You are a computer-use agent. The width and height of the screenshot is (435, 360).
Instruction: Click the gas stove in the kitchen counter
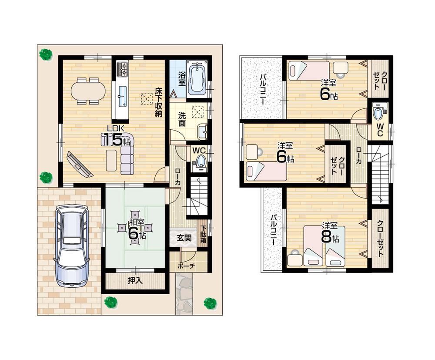pos(122,68)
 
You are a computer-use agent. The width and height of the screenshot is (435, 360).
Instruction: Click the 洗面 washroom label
pos(182,119)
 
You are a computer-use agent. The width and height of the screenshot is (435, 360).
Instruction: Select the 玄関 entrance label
pos(183,238)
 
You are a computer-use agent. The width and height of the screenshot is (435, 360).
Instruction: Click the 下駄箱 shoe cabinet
pos(203,236)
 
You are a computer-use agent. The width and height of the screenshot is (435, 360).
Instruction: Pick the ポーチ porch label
pos(186,266)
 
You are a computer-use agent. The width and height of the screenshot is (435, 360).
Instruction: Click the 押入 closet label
pos(135,281)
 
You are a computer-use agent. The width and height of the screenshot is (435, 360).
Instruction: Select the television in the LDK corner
pos(79,164)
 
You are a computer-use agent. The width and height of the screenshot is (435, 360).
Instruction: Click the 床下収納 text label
pos(158,102)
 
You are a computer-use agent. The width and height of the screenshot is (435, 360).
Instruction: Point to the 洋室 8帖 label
pos(329,233)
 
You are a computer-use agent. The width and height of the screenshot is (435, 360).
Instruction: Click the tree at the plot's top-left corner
pos(46,54)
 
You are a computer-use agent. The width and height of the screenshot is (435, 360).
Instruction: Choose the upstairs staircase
pos(380,175)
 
